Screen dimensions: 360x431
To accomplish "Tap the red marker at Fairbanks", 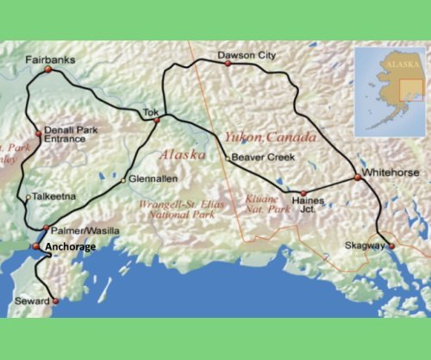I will [48, 71].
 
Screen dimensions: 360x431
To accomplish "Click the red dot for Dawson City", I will [228, 63].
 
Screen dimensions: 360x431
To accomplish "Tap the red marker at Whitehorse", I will [357, 177].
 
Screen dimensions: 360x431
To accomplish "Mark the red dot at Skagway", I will [390, 247].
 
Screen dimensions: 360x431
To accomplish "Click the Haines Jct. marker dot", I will [303, 195].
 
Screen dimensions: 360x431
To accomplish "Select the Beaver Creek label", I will [263, 158].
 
